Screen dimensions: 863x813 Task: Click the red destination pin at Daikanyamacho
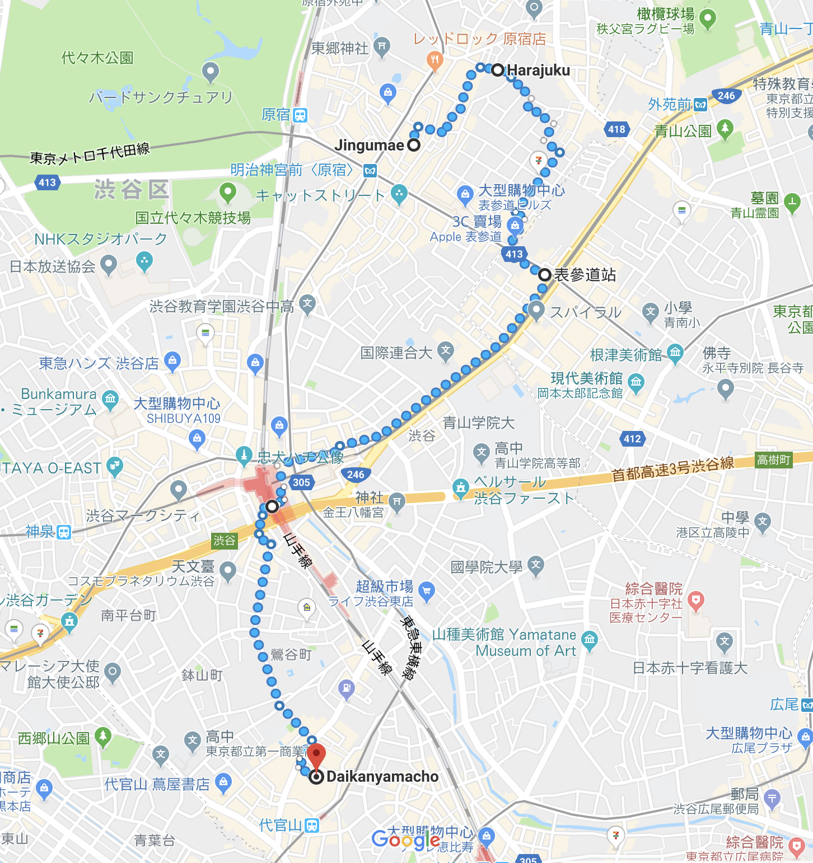pyautogui.click(x=316, y=756)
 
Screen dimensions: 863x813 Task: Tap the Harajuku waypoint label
pyautogui.click(x=538, y=71)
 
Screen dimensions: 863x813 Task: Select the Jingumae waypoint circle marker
pyautogui.click(x=414, y=146)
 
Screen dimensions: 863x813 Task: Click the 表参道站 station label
pyautogui.click(x=585, y=275)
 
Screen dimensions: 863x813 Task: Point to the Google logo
pyautogui.click(x=406, y=839)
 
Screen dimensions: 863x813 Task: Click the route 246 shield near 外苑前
pyautogui.click(x=726, y=96)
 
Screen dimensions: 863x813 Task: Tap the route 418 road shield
pyautogui.click(x=616, y=129)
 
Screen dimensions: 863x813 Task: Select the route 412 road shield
pyautogui.click(x=632, y=439)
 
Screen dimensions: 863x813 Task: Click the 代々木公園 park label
pyautogui.click(x=97, y=58)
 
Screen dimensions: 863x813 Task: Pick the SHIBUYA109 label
pyautogui.click(x=184, y=418)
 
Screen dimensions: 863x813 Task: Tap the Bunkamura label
pyautogui.click(x=59, y=394)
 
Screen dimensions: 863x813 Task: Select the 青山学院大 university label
pyautogui.click(x=478, y=423)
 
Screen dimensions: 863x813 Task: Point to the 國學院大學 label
pyautogui.click(x=487, y=567)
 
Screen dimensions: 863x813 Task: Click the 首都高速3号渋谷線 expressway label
pyautogui.click(x=672, y=469)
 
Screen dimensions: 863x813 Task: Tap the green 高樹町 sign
pyautogui.click(x=774, y=460)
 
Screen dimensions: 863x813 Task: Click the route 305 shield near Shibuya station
pyautogui.click(x=301, y=482)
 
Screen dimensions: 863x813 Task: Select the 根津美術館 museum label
pyautogui.click(x=625, y=355)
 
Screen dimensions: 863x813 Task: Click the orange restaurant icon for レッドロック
pyautogui.click(x=434, y=60)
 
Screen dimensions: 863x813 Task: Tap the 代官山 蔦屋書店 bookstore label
pyautogui.click(x=157, y=784)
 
